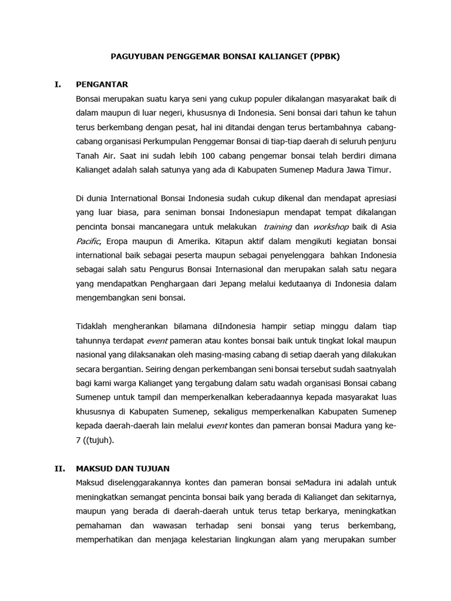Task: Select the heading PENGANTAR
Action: click(x=102, y=85)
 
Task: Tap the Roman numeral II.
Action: click(x=59, y=468)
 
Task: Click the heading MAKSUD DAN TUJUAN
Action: click(x=123, y=468)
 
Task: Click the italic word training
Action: click(x=278, y=227)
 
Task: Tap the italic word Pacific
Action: click(x=88, y=241)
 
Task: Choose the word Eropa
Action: click(x=117, y=241)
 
